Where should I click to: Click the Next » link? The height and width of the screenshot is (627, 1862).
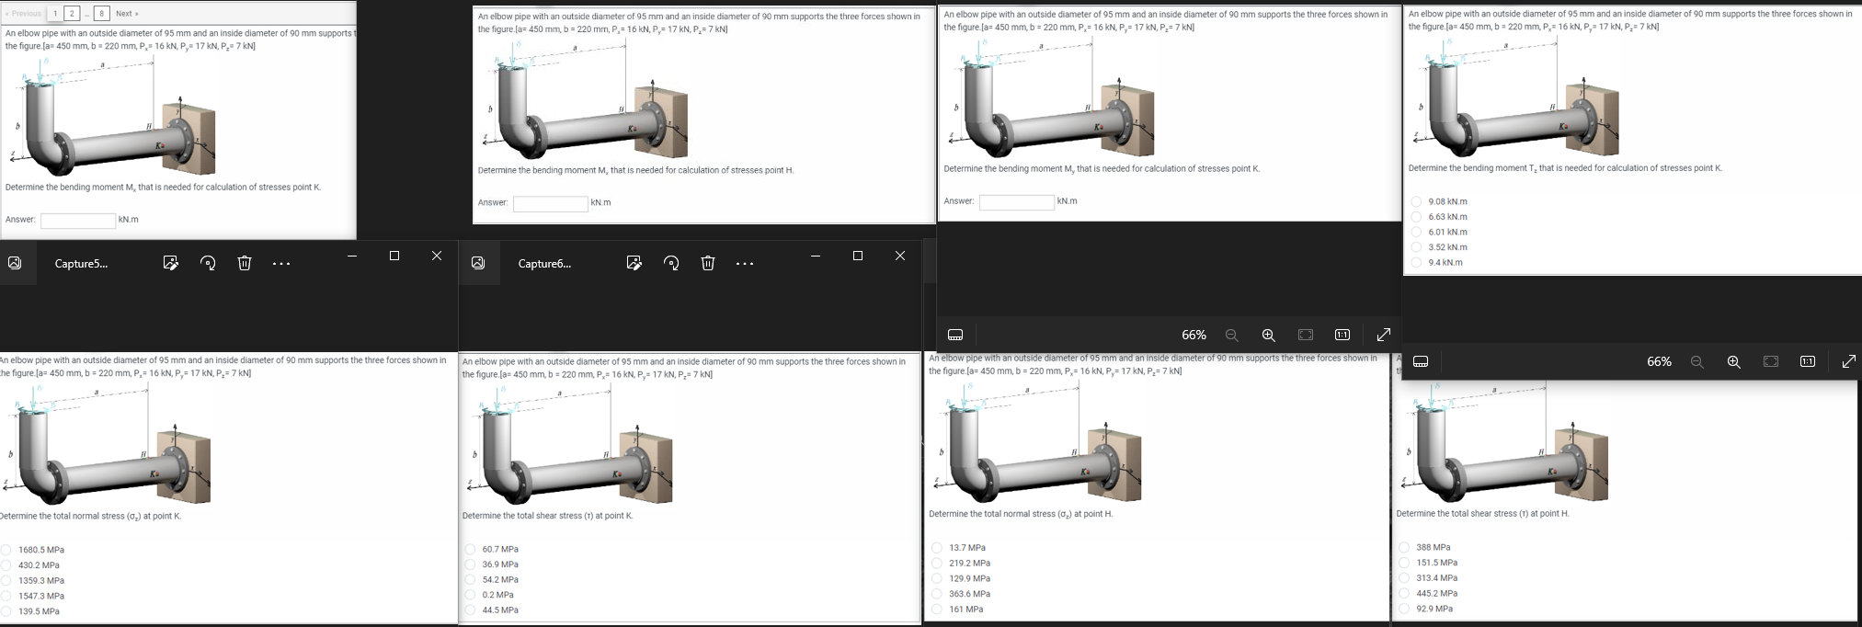(127, 14)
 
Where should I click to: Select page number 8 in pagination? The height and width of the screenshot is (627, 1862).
(102, 14)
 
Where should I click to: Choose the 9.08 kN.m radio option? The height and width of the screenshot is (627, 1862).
(1416, 201)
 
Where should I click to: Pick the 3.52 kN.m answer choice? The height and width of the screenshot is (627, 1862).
(1416, 247)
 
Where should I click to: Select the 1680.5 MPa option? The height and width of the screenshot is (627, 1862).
(6, 550)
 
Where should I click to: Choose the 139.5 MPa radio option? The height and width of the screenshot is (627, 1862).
(6, 611)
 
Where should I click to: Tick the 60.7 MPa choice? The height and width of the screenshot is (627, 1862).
(470, 549)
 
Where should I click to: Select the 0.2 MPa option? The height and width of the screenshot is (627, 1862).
(470, 595)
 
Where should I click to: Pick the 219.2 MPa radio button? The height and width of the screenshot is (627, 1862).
(937, 564)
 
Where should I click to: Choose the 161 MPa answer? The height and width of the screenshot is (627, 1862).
(937, 610)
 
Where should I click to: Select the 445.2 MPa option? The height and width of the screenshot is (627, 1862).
(1404, 593)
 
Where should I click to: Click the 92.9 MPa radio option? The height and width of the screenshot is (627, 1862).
(1404, 609)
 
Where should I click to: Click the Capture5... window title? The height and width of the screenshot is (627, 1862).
(81, 264)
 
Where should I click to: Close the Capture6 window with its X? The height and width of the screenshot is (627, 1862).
(899, 256)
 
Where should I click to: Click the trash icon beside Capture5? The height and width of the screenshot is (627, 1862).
(244, 264)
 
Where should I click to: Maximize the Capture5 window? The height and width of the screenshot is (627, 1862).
(394, 256)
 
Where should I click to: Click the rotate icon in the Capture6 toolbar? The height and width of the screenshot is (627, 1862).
(671, 264)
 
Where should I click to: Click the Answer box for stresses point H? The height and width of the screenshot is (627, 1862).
(550, 203)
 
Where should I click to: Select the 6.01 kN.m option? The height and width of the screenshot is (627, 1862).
(1416, 232)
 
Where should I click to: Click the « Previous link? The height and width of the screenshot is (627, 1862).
(23, 14)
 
